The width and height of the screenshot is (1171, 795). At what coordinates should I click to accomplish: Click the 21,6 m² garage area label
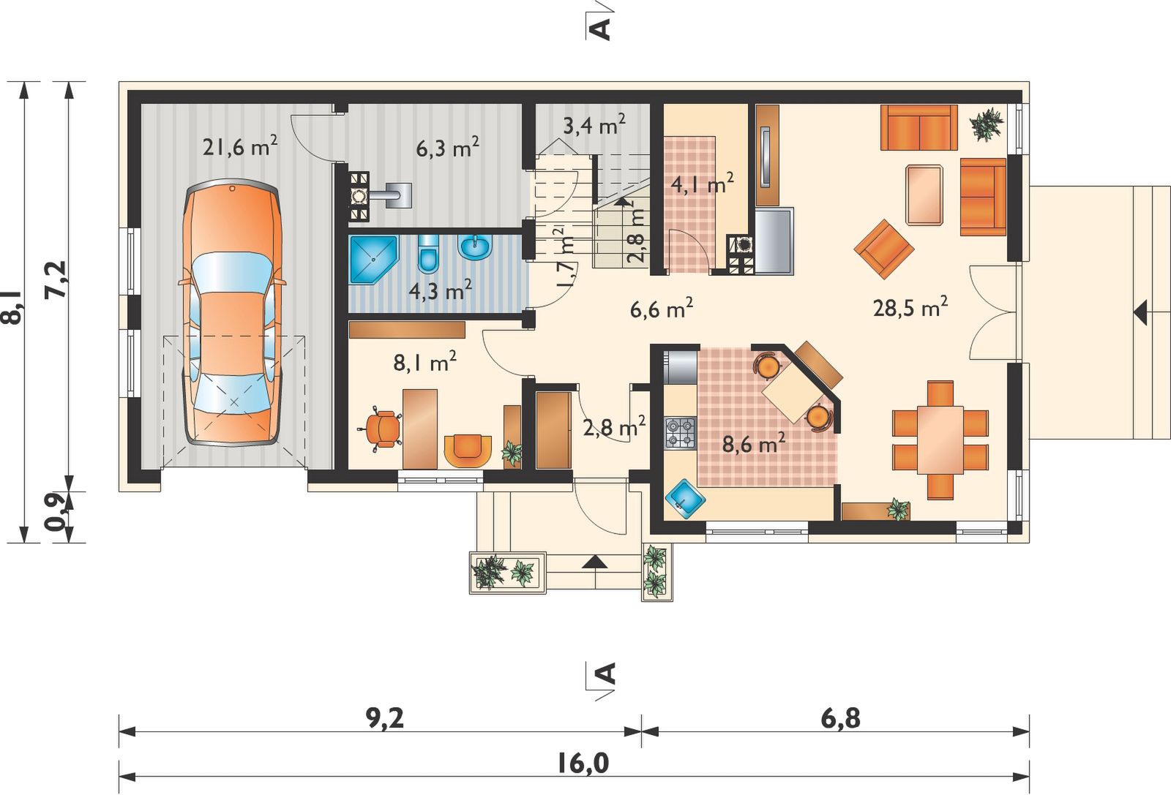(x=240, y=146)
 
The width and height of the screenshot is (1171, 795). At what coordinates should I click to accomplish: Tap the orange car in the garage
(x=233, y=312)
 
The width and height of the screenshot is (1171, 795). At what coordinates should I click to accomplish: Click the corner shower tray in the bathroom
(x=373, y=259)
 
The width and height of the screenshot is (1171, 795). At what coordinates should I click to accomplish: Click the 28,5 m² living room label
(x=910, y=306)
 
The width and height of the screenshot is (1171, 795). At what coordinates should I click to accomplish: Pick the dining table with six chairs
(x=940, y=440)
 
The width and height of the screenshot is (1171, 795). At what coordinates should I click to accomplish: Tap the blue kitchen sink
(x=685, y=498)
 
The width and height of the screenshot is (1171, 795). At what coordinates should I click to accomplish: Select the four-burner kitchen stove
(x=680, y=433)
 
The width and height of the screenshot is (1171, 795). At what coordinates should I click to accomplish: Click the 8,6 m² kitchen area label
(x=753, y=443)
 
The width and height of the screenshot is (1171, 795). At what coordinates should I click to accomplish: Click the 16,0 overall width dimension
(x=583, y=763)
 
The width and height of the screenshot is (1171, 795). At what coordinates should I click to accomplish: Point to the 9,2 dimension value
(x=385, y=719)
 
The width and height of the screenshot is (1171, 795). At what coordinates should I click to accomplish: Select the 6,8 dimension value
(x=841, y=719)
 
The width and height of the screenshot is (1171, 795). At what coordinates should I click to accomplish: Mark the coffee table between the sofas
(x=924, y=195)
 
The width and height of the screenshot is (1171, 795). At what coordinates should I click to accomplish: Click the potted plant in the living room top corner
(x=987, y=124)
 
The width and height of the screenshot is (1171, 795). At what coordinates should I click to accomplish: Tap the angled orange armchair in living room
(x=884, y=249)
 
